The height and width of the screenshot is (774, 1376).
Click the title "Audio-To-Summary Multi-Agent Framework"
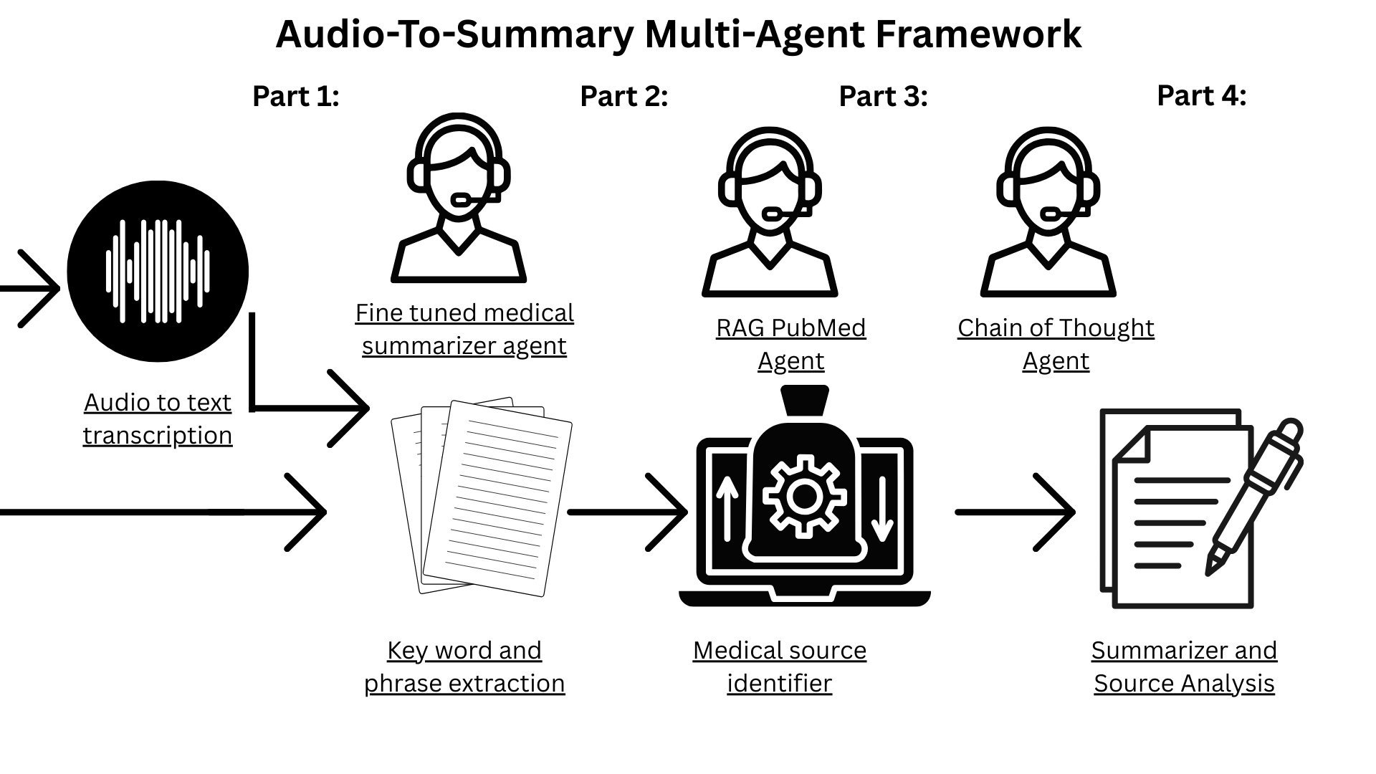[x=678, y=34]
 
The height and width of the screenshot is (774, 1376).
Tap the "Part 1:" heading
[x=295, y=96]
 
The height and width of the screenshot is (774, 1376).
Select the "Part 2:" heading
[x=623, y=96]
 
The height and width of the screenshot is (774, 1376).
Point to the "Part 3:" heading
[x=883, y=96]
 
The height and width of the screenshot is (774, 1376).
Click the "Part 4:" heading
[x=1201, y=95]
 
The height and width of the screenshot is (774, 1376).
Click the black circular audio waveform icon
[x=158, y=272]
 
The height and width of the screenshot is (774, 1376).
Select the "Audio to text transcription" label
[x=158, y=419]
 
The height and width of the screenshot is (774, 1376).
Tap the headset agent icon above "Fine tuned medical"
[x=459, y=198]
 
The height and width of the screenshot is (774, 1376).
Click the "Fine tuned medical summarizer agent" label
[x=464, y=329]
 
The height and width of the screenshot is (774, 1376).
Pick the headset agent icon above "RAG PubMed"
[x=770, y=212]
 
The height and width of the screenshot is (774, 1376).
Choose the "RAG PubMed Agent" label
[x=791, y=344]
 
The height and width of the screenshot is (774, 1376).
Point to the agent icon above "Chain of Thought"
[x=1048, y=212]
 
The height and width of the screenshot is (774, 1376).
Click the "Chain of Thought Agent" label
[x=1056, y=344]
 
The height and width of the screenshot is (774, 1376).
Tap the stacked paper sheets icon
[x=482, y=497]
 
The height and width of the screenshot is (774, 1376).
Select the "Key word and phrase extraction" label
[x=464, y=666]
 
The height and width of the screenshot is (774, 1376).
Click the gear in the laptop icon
[x=804, y=496]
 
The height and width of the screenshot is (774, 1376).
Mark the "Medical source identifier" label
[x=780, y=666]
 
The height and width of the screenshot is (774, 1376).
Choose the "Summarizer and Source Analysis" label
[x=1184, y=666]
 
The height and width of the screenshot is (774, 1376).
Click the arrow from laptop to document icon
[x=1016, y=512]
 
